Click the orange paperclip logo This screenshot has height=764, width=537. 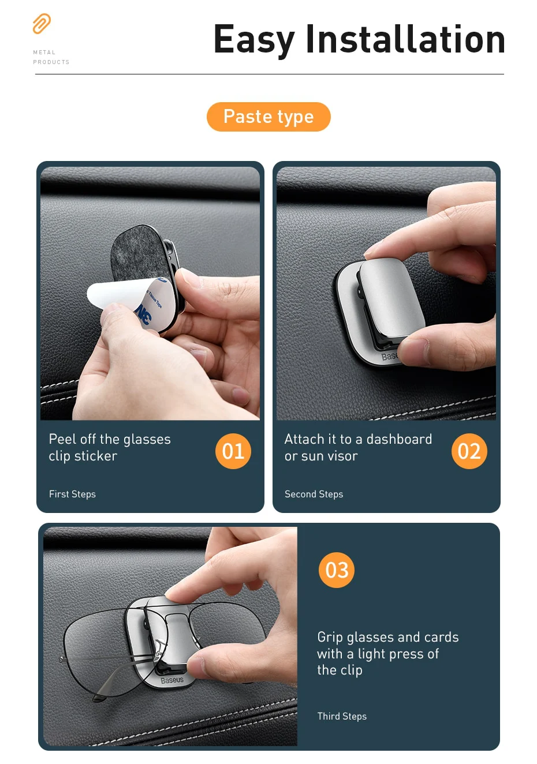pos(42,24)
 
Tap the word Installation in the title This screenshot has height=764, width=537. pos(405,39)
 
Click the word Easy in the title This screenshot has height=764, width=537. pos(254,40)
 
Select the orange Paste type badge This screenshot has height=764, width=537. pos(268,117)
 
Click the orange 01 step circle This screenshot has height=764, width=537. pos(233,451)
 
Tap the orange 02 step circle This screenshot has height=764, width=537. pos(469,451)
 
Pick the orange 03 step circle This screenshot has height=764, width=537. pos(337,570)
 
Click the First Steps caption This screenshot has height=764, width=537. pos(72,494)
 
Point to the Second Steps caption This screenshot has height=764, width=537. pos(314,494)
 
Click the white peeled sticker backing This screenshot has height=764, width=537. pos(116,295)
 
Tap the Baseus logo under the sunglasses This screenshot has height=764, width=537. pos(171,680)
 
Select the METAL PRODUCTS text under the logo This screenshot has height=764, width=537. pos(51,57)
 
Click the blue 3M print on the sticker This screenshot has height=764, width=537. pos(143,314)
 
